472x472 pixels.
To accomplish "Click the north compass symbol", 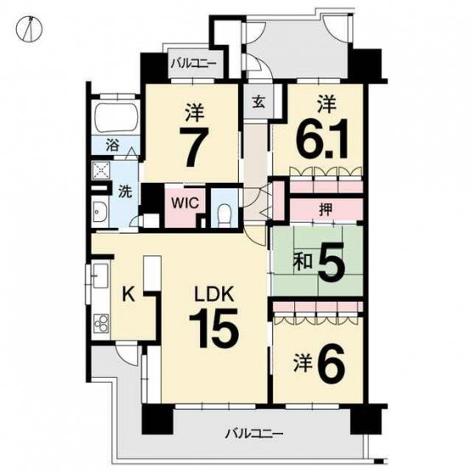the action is pyautogui.click(x=29, y=30).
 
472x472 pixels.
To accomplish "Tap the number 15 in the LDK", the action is pyautogui.click(x=214, y=329).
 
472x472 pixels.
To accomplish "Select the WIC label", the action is pyautogui.click(x=185, y=203).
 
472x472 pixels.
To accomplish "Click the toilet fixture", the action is pyautogui.click(x=224, y=214).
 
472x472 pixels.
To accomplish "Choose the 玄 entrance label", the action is pyautogui.click(x=259, y=103).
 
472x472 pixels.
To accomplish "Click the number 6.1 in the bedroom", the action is pyautogui.click(x=322, y=139).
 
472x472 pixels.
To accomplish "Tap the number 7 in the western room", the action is pyautogui.click(x=194, y=146).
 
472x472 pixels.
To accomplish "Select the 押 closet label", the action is pyautogui.click(x=326, y=209).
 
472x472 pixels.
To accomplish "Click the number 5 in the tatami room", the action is pyautogui.click(x=331, y=262).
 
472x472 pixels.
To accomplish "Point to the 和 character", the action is pyautogui.click(x=303, y=262).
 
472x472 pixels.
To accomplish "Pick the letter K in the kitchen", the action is pyautogui.click(x=129, y=294).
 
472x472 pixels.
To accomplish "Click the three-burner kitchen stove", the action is pyautogui.click(x=102, y=324).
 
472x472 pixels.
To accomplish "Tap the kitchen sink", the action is pyautogui.click(x=100, y=276).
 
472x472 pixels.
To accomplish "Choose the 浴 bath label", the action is pyautogui.click(x=112, y=145).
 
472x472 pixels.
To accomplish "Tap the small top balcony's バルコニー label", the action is pyautogui.click(x=194, y=64).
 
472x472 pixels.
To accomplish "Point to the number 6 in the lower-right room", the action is pyautogui.click(x=331, y=362).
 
